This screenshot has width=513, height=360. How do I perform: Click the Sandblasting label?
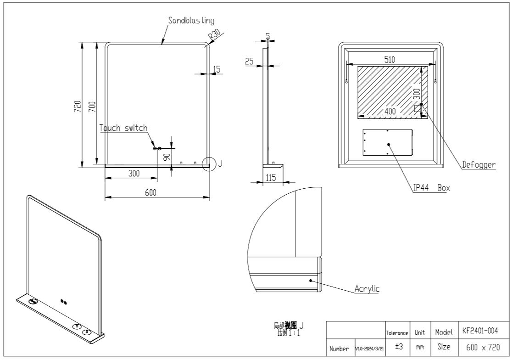click(191, 21)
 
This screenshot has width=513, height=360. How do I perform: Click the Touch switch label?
click(124, 128)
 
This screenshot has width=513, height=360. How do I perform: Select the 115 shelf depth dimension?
click(271, 177)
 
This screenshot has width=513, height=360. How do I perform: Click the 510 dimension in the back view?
click(390, 59)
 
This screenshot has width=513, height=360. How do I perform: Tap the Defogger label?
click(479, 164)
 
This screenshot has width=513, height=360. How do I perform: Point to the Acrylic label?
click(367, 289)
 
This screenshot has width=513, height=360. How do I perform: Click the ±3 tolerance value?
click(399, 347)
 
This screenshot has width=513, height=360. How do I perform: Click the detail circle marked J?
click(210, 163)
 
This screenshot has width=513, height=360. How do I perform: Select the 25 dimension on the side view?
click(250, 62)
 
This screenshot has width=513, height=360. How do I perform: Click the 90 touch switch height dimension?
click(167, 156)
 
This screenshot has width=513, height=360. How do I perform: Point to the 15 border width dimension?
click(217, 69)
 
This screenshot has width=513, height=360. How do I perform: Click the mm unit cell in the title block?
click(420, 347)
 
